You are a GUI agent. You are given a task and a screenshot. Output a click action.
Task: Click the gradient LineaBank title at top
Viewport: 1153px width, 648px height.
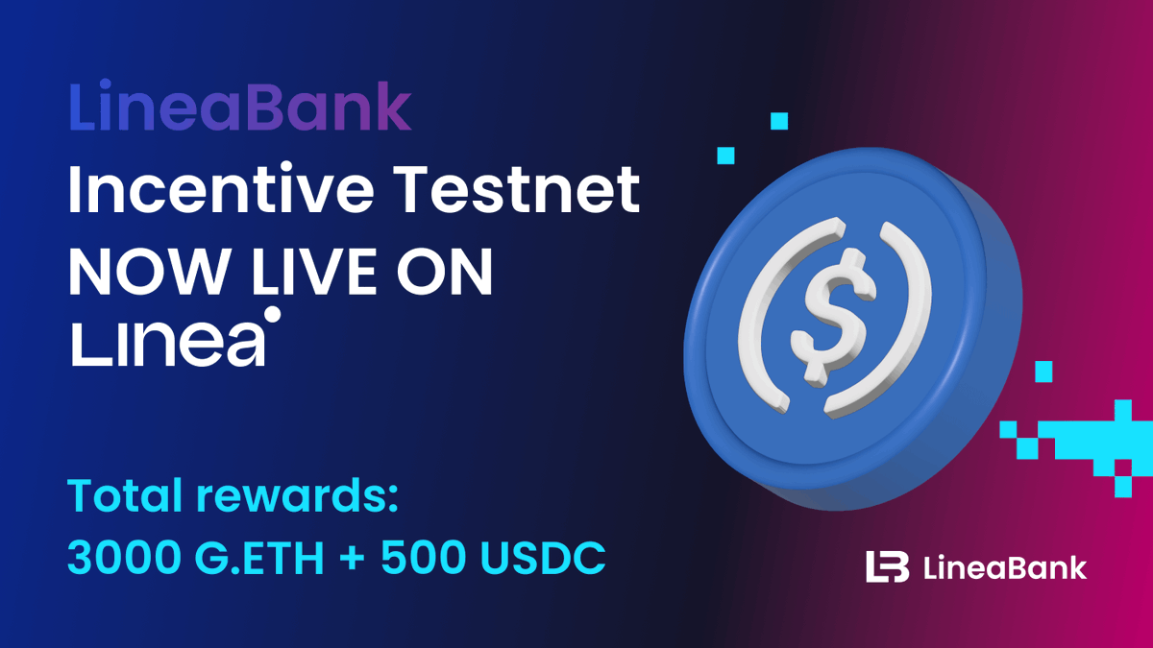pos(240,108)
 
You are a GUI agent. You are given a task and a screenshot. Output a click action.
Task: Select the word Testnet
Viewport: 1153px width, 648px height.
pos(520,189)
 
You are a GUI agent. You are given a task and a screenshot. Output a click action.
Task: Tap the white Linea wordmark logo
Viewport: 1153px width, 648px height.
pos(169,343)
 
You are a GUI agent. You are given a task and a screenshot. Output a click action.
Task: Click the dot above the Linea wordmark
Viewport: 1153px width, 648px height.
pos(272,315)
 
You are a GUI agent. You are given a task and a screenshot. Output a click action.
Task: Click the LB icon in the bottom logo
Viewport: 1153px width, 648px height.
pos(887,566)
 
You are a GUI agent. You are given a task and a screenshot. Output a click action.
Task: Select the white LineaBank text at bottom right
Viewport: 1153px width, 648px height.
pos(1005,567)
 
